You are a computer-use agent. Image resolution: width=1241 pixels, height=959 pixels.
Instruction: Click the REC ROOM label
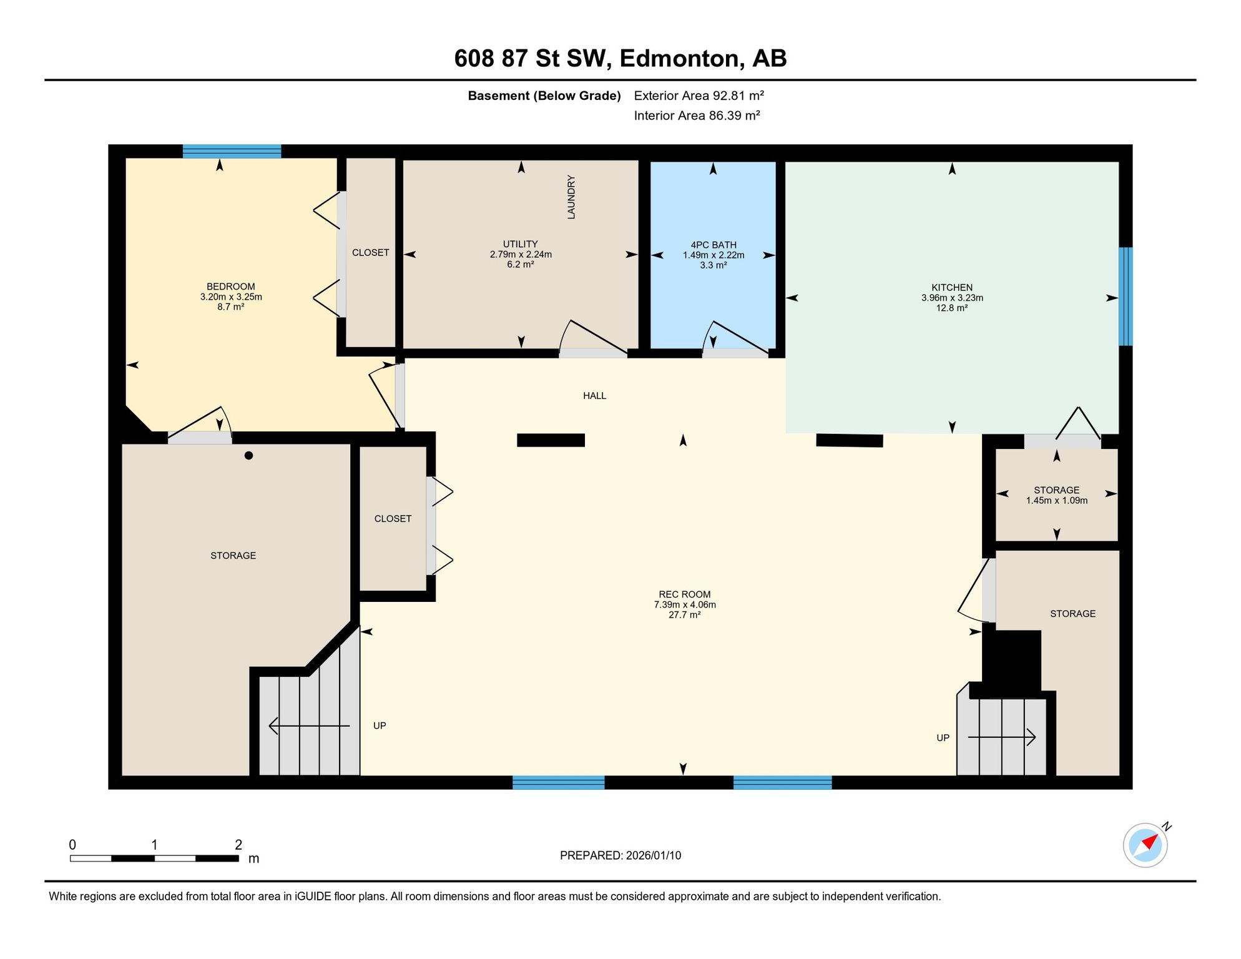[x=684, y=594]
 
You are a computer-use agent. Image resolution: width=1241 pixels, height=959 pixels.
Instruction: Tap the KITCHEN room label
[x=952, y=287]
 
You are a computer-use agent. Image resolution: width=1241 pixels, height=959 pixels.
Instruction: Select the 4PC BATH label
[x=714, y=245]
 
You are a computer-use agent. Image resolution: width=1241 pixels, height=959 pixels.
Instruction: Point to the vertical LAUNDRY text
[x=571, y=197]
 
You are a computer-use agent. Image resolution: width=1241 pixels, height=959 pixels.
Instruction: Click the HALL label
[x=594, y=396]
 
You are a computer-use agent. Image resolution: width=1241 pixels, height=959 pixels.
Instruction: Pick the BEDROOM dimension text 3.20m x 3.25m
[x=231, y=297]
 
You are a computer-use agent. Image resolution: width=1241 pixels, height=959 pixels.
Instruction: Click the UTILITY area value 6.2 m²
[x=521, y=264]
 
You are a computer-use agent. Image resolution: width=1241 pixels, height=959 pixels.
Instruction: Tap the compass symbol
[x=1145, y=845]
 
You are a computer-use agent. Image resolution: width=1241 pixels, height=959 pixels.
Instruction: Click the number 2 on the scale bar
[x=238, y=845]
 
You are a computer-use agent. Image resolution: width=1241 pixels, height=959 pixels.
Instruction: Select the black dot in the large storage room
[x=248, y=456]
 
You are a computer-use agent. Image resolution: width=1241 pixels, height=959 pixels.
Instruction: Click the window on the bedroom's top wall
[x=232, y=151]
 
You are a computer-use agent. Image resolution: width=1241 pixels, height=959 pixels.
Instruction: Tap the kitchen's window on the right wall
[x=1126, y=297]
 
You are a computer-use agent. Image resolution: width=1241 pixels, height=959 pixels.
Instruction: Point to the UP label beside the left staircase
[x=380, y=725]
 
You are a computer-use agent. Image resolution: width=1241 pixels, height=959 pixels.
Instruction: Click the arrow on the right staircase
[x=1002, y=737]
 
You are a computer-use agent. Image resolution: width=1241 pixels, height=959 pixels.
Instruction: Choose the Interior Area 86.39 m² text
[x=697, y=116]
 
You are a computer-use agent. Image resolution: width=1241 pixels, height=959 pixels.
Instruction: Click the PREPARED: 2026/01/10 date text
[x=620, y=855]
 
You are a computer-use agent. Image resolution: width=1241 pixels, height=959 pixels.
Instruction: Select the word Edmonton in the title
[x=682, y=59]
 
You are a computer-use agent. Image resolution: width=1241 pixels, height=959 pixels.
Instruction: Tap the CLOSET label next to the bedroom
[x=371, y=252]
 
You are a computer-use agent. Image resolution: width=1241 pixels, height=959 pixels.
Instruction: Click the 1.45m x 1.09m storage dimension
[x=1057, y=500]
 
